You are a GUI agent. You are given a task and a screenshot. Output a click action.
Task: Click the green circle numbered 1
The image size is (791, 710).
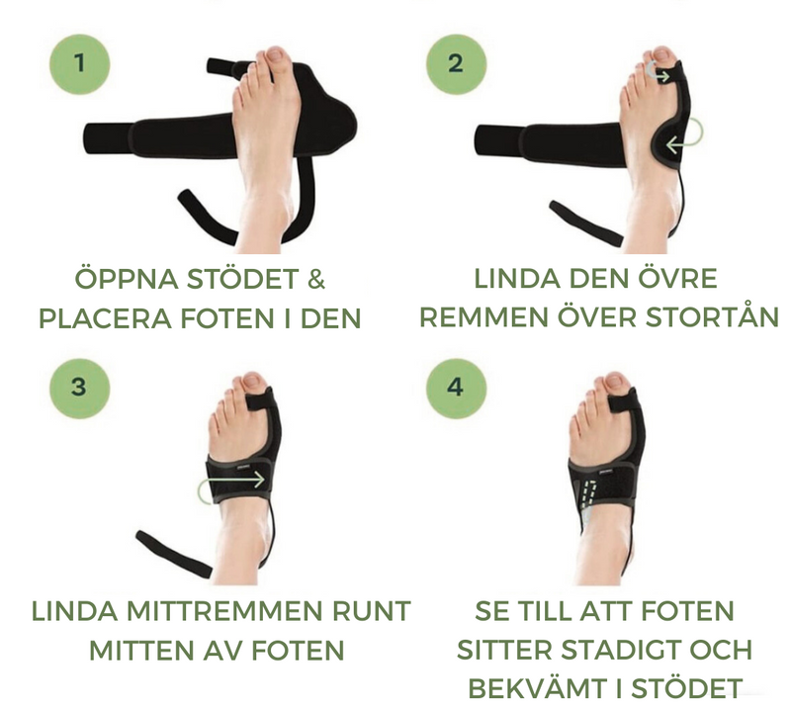[80, 64]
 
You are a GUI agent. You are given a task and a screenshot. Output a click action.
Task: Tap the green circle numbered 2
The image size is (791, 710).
[456, 64]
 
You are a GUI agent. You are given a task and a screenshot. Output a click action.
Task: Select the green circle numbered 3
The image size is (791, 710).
[80, 388]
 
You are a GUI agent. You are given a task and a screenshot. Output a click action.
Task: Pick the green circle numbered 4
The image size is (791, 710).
[456, 388]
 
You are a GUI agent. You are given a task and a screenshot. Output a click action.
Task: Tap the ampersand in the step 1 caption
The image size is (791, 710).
[315, 279]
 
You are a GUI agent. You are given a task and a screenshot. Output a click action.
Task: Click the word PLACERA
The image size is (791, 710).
[105, 319]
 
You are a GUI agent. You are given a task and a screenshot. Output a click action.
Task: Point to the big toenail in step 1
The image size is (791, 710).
[277, 53]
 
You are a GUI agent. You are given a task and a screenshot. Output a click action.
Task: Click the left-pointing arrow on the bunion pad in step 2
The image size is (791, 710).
[684, 138]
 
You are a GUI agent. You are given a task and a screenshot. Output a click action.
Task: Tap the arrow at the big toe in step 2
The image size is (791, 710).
[658, 73]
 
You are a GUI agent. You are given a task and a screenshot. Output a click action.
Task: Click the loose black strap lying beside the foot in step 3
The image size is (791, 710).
[174, 554]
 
